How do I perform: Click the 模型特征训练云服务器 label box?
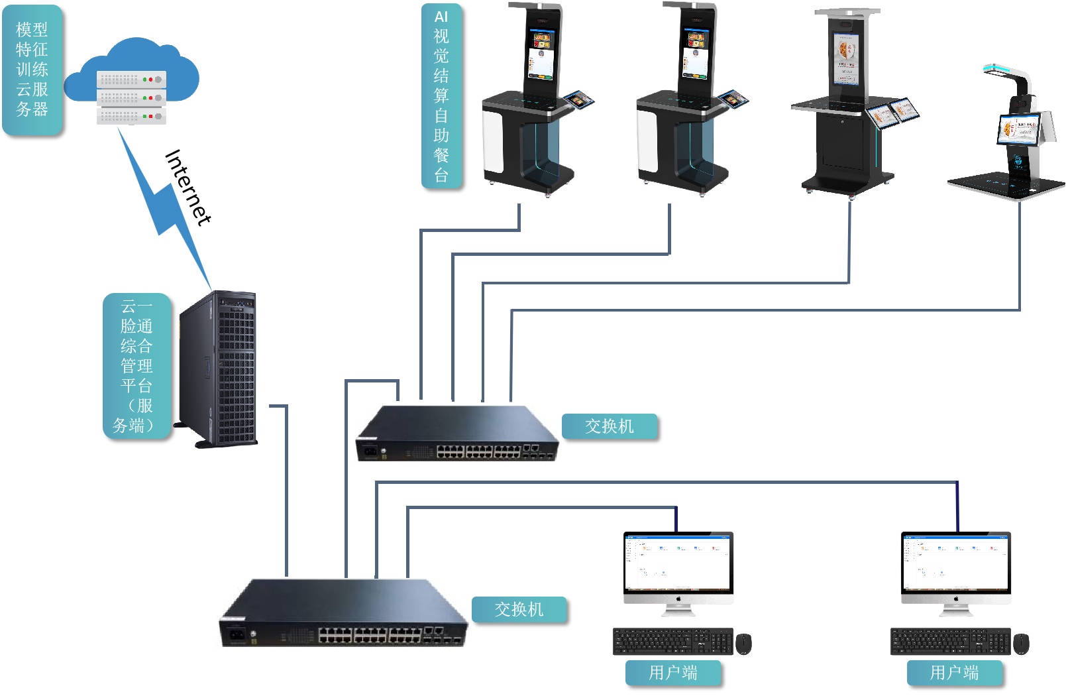pyautogui.click(x=32, y=70)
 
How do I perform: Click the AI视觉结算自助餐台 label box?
pyautogui.click(x=441, y=95)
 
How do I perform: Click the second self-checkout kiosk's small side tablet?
pyautogui.click(x=733, y=99)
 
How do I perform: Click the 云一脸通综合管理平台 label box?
pyautogui.click(x=136, y=365)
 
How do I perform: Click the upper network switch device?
pyautogui.click(x=457, y=434)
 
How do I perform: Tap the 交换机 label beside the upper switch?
pyautogui.click(x=610, y=426)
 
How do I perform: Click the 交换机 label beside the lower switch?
pyautogui.click(x=519, y=609)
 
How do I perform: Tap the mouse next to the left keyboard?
pyautogui.click(x=743, y=642)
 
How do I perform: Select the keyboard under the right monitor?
pyautogui.click(x=950, y=642)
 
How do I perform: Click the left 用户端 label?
pyautogui.click(x=672, y=673)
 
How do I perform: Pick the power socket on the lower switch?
pyautogui.click(x=236, y=634)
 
